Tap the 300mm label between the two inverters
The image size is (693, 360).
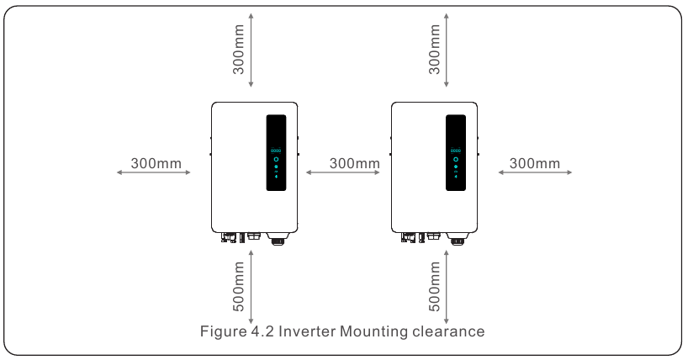355,162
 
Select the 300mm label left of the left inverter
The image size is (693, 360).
156,162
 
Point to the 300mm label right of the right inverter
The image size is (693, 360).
535,162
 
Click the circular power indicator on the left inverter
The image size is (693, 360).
277,158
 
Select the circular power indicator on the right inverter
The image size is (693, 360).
456,158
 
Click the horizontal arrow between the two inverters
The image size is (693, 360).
343,172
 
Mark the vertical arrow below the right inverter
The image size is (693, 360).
447,286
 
